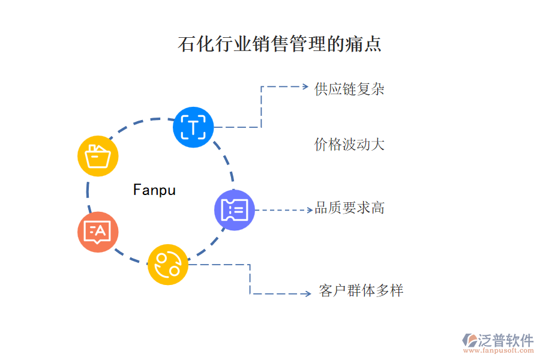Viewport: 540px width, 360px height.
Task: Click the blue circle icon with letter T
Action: [x=193, y=127]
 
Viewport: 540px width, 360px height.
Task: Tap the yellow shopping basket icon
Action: [x=98, y=156]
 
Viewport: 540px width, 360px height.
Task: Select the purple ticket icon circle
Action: [x=235, y=210]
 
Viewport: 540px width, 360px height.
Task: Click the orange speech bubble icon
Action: [x=98, y=232]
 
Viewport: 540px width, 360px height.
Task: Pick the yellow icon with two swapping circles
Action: [x=168, y=265]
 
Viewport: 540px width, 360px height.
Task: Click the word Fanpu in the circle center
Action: [x=155, y=190]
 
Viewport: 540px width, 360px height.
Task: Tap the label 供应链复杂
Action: [x=349, y=89]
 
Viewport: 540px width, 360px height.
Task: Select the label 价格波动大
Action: [x=349, y=145]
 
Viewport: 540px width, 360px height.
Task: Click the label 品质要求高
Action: [x=349, y=208]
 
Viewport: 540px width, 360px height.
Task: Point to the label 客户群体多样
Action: [x=361, y=291]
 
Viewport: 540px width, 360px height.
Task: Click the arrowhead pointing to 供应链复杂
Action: [x=304, y=86]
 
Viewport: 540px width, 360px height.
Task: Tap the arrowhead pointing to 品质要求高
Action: [x=309, y=210]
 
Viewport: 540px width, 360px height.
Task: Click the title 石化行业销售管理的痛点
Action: [x=280, y=44]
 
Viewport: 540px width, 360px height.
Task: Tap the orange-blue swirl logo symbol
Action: [x=469, y=340]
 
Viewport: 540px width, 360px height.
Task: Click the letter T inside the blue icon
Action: [x=193, y=127]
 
